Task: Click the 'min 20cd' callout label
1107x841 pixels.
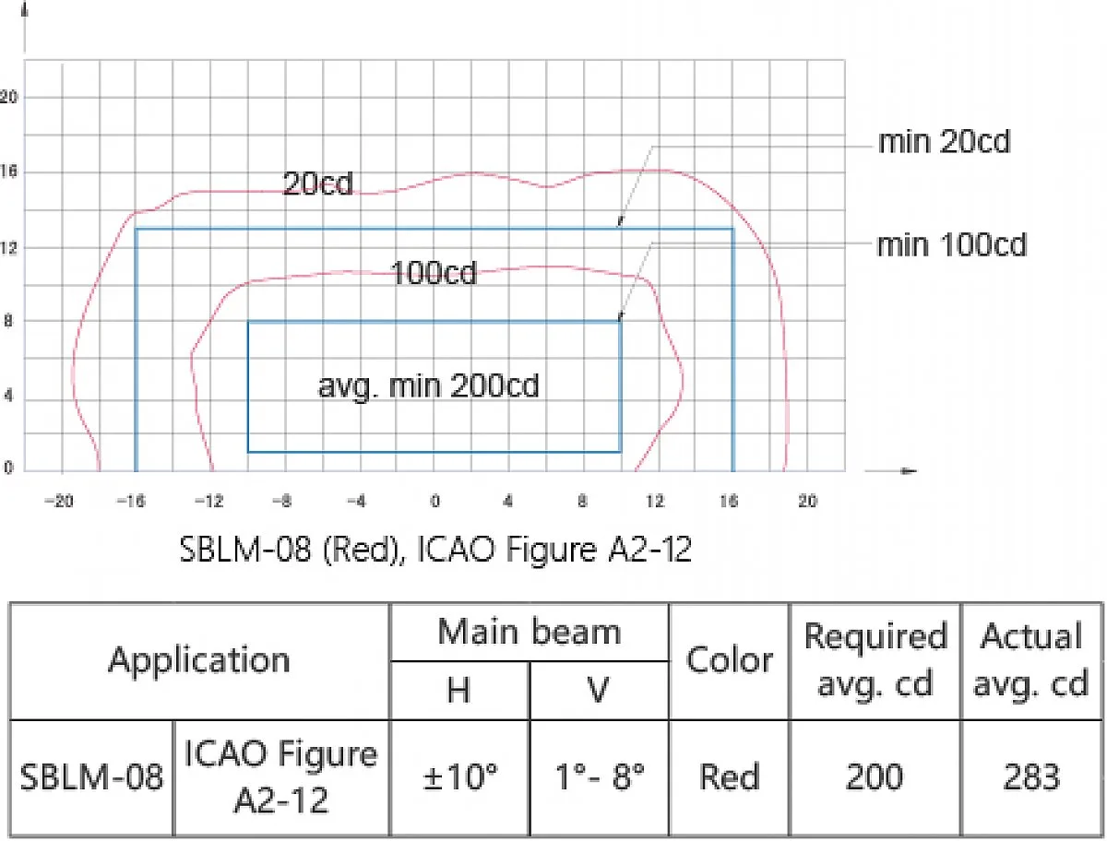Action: [x=944, y=142]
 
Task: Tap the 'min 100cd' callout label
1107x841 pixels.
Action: [x=951, y=245]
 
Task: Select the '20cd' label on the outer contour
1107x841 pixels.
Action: [x=317, y=183]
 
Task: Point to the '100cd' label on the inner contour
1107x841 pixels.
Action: [x=434, y=273]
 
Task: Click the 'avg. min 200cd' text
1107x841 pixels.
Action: [x=428, y=387]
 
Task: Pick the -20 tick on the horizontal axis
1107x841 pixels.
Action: [x=59, y=501]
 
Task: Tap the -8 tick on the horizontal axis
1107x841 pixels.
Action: [x=282, y=501]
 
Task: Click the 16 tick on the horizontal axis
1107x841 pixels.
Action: [x=730, y=501]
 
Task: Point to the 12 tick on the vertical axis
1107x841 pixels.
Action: [x=8, y=247]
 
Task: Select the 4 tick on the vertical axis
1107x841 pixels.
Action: [x=8, y=395]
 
